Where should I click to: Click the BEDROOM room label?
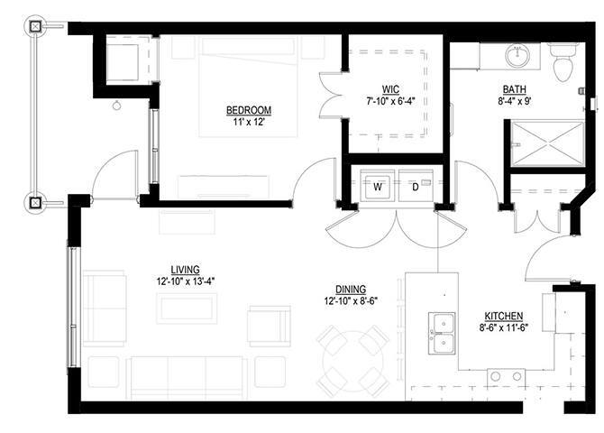point(249,110)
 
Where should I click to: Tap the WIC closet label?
point(390,90)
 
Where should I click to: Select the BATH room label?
point(515,89)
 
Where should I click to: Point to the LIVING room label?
point(186,270)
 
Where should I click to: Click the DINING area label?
point(351,290)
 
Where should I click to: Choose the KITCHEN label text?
point(503,316)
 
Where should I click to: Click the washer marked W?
point(378,188)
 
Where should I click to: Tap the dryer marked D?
point(416,188)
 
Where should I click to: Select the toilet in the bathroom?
point(563,62)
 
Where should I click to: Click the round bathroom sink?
point(517,56)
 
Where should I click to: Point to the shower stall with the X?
point(547,143)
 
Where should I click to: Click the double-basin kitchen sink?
point(442,333)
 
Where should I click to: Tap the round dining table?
point(352,361)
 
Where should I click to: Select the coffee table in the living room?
point(187,309)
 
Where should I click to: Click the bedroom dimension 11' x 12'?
point(249,122)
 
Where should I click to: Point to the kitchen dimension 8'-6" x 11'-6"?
point(503,327)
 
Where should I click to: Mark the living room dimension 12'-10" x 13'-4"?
point(186,281)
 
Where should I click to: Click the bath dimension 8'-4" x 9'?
point(515,101)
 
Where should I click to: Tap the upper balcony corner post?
point(35,26)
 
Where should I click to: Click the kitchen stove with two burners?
point(506,377)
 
